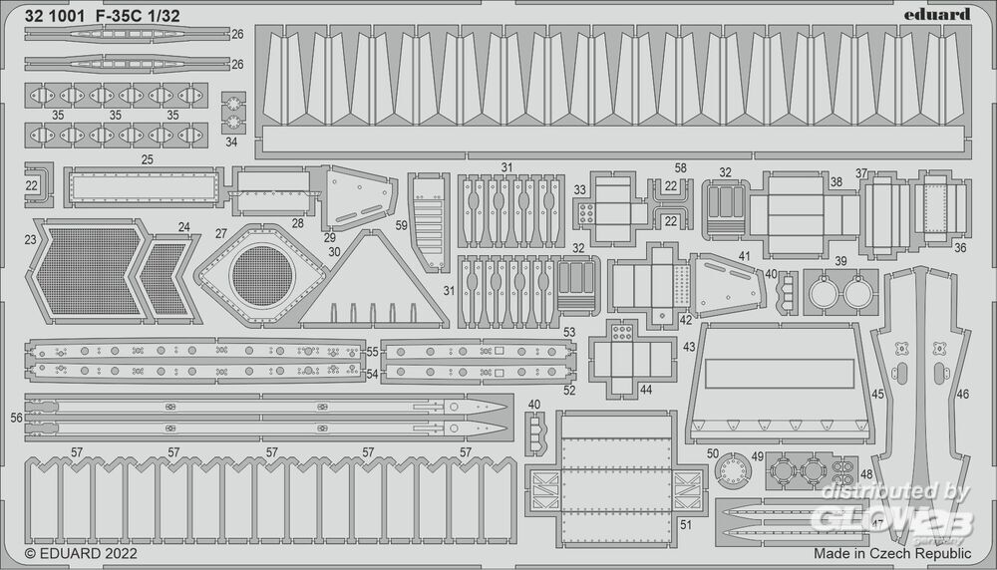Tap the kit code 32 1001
(55, 14)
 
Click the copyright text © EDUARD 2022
(81, 552)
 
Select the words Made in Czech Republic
(892, 552)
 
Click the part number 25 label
(147, 159)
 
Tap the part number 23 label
(31, 239)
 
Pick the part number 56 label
(16, 419)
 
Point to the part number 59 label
(401, 225)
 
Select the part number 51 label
(685, 524)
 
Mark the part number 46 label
(962, 395)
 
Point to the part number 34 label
(231, 142)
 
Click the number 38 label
(835, 182)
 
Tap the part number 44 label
(647, 390)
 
